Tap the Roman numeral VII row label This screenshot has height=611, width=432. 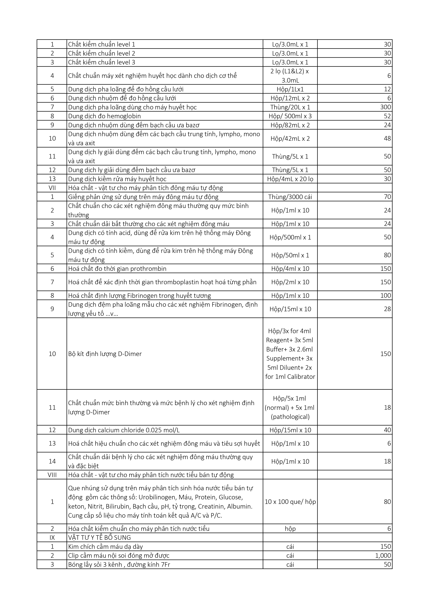[52, 188]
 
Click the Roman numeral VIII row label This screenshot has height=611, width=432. [52, 475]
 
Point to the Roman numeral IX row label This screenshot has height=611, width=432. [52, 537]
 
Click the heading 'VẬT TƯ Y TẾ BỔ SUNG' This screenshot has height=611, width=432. [99, 537]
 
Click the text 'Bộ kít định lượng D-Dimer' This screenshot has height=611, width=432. [105, 354]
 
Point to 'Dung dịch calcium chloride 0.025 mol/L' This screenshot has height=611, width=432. [126, 430]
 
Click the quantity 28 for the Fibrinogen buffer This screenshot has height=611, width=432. [387, 309]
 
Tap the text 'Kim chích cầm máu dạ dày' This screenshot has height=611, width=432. [105, 547]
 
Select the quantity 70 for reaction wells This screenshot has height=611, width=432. [387, 197]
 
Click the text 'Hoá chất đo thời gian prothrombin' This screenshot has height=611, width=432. [117, 269]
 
